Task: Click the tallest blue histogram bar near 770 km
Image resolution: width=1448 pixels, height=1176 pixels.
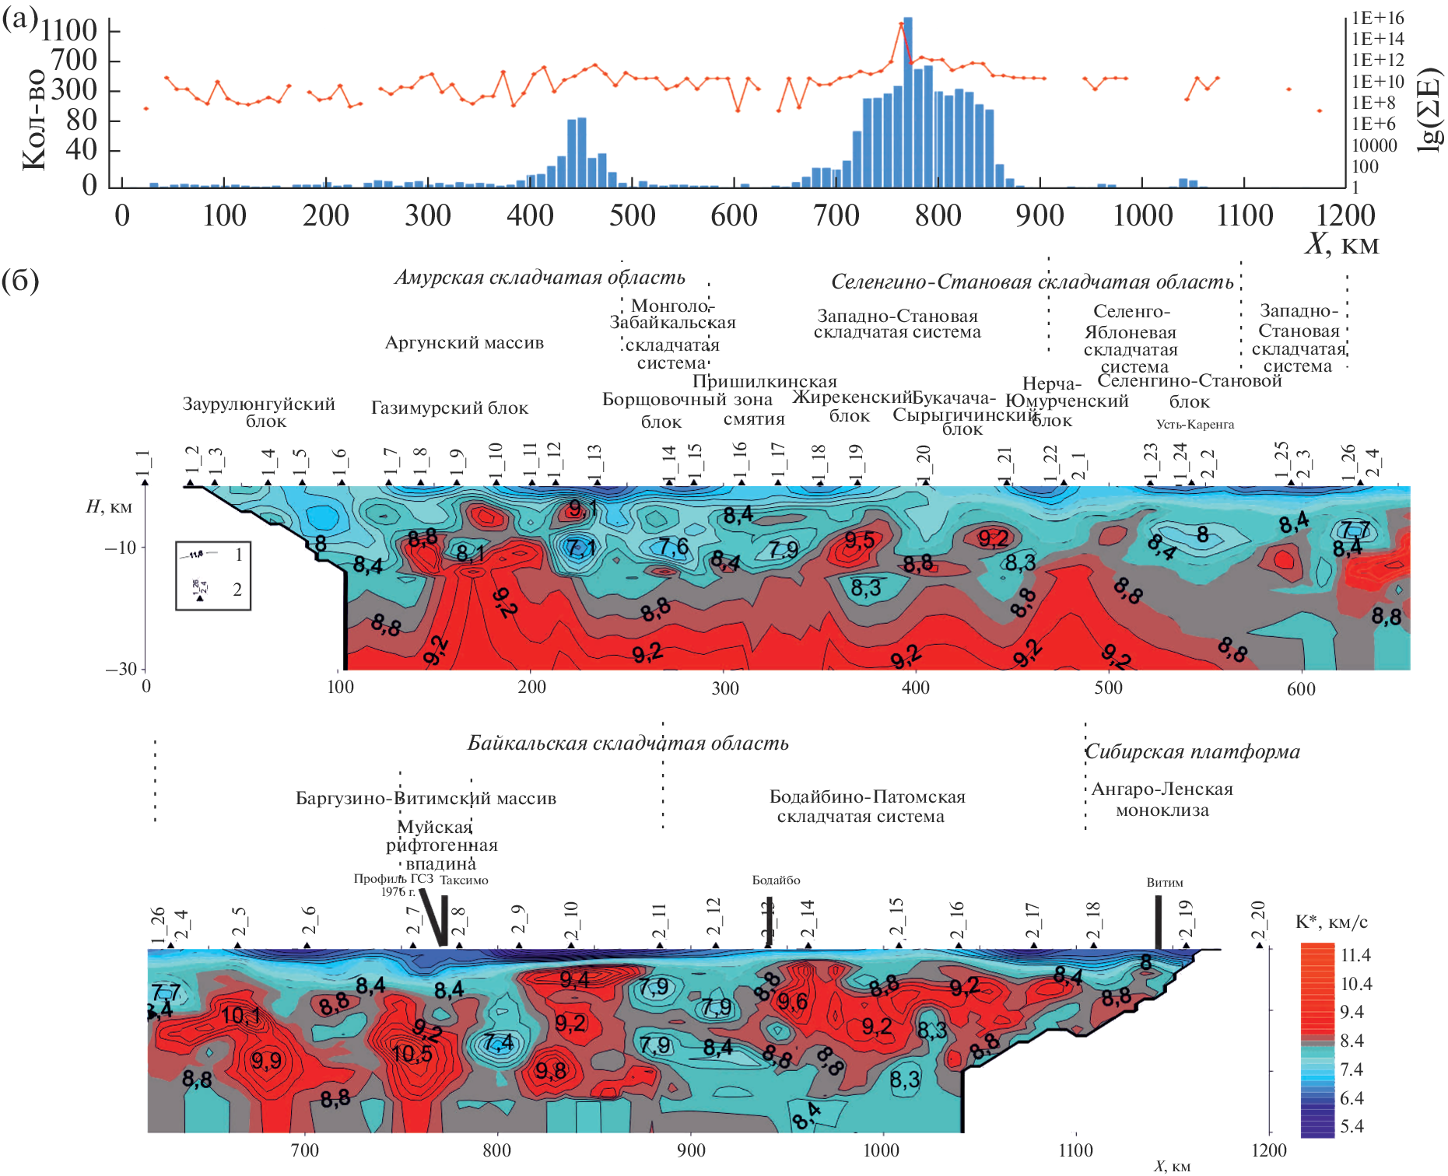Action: (908, 101)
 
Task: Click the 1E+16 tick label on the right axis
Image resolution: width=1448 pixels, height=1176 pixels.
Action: (1377, 18)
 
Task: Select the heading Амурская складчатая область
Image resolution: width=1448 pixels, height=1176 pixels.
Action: (539, 278)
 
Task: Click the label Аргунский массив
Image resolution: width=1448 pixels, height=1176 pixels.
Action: (465, 343)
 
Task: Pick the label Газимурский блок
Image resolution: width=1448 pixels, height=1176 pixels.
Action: (449, 408)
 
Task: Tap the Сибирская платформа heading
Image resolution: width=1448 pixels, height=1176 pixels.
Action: (1192, 752)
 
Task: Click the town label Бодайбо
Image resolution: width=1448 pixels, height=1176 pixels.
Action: (776, 880)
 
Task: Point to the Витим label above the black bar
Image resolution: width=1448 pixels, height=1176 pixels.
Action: (1164, 883)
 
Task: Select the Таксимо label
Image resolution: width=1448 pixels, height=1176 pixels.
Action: (464, 880)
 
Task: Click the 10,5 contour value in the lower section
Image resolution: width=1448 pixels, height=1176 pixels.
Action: (412, 1054)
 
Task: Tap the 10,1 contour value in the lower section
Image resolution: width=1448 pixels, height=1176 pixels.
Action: (240, 1016)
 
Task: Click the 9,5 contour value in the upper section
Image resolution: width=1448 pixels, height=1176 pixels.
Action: (859, 540)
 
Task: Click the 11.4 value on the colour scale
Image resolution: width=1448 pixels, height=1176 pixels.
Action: (1355, 956)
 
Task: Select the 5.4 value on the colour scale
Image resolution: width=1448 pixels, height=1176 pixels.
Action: (1352, 1126)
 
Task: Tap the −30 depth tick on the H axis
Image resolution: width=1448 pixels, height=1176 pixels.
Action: (121, 670)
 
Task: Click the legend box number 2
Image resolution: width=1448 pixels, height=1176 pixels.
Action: (237, 590)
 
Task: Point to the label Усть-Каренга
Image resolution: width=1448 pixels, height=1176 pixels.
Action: (1194, 425)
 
